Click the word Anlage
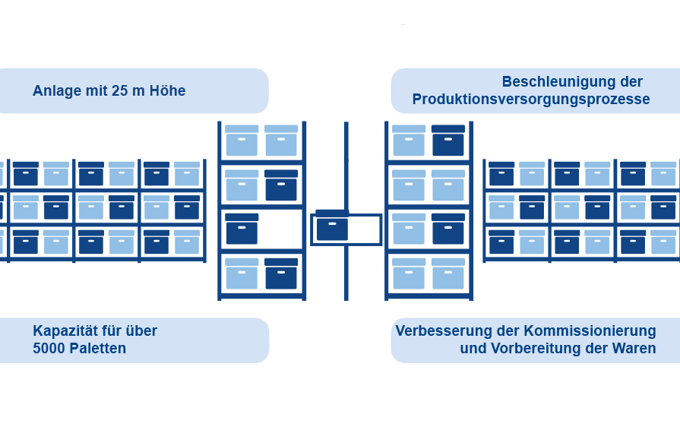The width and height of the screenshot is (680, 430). (x=58, y=91)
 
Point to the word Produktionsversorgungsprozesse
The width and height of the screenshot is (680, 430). (x=531, y=100)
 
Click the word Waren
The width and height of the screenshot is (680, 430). (x=636, y=349)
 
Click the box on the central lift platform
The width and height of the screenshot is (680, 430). (x=332, y=227)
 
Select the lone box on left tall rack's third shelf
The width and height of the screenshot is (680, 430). (x=242, y=229)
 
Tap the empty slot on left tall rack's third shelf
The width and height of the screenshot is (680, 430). (x=281, y=229)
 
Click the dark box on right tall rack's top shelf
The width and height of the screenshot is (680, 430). (x=448, y=141)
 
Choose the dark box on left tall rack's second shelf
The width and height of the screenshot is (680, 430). (x=281, y=185)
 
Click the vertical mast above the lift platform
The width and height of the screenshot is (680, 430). (x=346, y=163)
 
